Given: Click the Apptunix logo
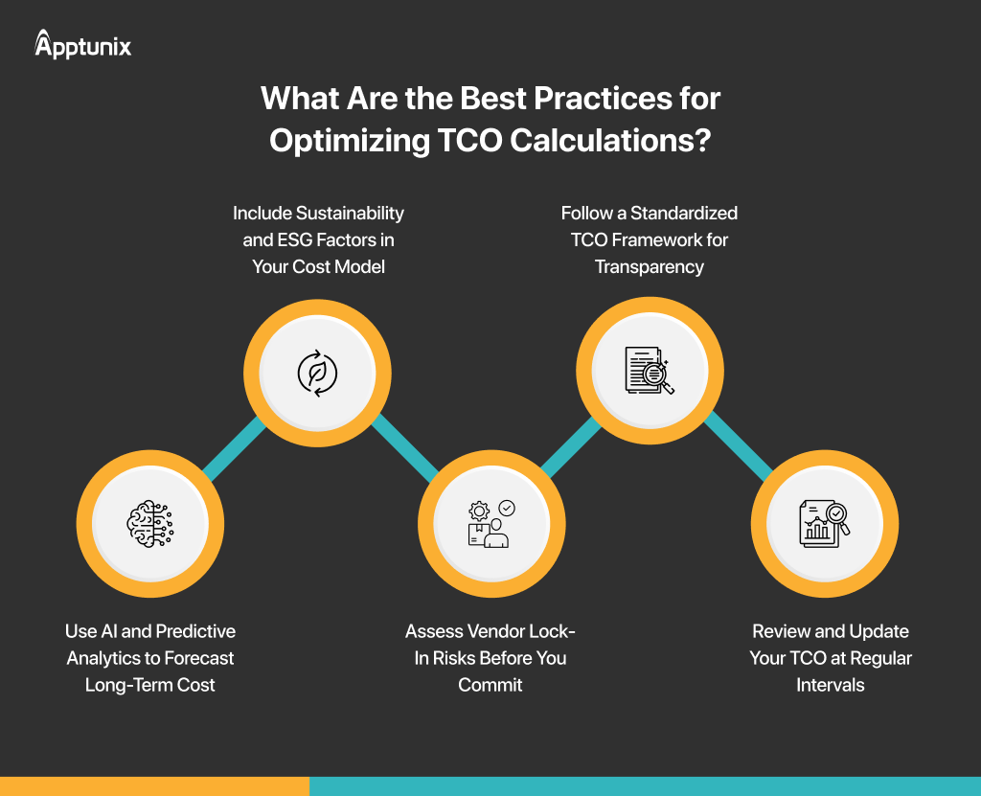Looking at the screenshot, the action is [82, 44].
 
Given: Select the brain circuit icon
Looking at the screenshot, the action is [150, 524].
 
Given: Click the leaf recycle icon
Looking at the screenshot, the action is [317, 373].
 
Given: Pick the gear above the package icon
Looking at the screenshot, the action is [479, 512].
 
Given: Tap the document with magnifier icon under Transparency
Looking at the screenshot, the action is [650, 371].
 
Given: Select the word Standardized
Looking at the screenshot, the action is [684, 214].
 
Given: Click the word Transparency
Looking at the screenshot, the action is [650, 267].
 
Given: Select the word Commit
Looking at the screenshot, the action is [490, 685].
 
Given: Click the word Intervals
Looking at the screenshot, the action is [831, 685].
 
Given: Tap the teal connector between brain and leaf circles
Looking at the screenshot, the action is [235, 448].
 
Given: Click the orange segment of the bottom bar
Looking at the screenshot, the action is [154, 786].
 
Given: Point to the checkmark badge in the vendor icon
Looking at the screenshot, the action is [507, 508].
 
